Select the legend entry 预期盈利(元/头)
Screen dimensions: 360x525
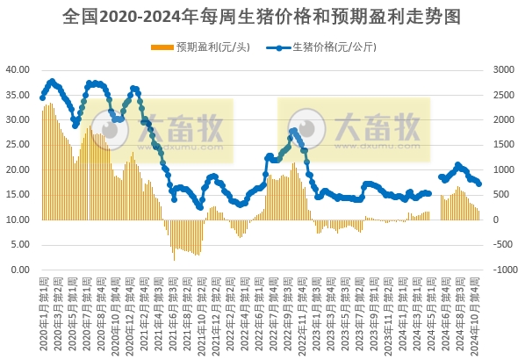click(207, 47)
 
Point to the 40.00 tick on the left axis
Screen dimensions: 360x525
click(18, 69)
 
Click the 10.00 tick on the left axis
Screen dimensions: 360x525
click(18, 220)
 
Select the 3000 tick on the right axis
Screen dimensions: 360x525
click(503, 69)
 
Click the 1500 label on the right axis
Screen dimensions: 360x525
click(503, 145)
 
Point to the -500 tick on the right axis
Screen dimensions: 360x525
click(503, 245)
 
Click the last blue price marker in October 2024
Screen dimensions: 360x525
click(478, 184)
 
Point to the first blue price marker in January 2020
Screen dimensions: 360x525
click(42, 97)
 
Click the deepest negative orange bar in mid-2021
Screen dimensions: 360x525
click(174, 261)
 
